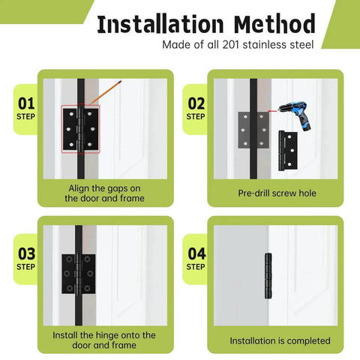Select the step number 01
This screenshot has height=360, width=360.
pos(25,102)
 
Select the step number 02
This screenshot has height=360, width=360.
pos(196,103)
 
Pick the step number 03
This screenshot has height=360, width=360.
pos(25,253)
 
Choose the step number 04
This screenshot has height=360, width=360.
pos(196,253)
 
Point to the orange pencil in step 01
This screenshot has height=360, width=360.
pos(104,95)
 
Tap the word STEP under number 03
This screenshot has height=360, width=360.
pos(25,267)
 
